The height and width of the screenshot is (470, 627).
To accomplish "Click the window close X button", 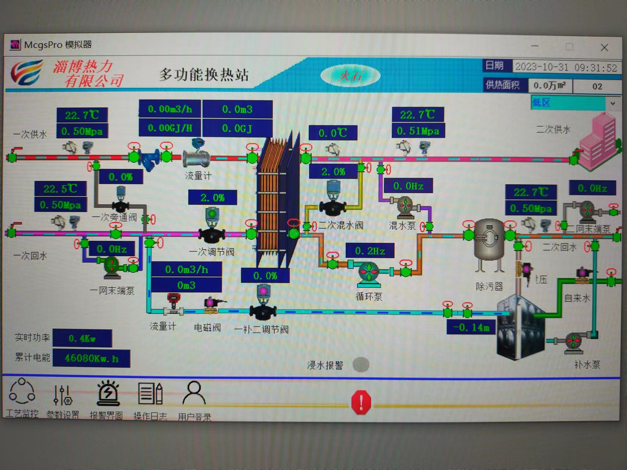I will tap(604, 47).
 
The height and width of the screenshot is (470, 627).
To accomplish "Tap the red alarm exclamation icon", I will tap(361, 402).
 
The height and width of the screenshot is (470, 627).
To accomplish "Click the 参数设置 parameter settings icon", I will tap(62, 395).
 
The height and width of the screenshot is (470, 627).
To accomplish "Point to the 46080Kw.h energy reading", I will tap(92, 358).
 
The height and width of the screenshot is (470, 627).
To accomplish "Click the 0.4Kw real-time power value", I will tap(82, 338).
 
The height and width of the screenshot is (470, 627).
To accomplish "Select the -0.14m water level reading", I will tap(471, 327).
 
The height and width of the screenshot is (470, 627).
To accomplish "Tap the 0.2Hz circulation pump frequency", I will tap(370, 251).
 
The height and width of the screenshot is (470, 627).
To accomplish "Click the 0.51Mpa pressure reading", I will tap(418, 131).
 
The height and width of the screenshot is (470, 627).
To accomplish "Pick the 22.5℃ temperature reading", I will tap(61, 189).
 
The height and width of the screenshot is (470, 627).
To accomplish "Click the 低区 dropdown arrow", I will tap(613, 103).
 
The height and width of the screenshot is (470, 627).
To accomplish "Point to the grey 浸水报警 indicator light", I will tap(361, 365).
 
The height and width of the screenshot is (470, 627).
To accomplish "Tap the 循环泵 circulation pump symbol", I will tap(369, 273).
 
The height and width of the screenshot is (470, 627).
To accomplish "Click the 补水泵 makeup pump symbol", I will tap(573, 341).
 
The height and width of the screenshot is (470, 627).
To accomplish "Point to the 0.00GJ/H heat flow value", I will tap(170, 128).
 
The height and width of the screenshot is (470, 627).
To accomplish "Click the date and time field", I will tap(566, 67).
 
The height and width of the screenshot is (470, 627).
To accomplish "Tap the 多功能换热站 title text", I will tap(204, 75).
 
